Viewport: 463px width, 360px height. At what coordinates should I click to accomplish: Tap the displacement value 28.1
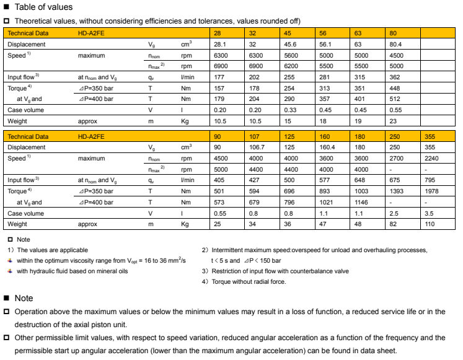(x=221, y=45)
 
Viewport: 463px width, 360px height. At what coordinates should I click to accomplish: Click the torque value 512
(x=396, y=99)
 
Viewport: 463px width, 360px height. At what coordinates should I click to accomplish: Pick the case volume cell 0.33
(x=290, y=110)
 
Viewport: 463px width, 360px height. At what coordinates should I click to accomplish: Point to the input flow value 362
(x=396, y=77)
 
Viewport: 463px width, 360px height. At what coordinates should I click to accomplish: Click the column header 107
(x=255, y=136)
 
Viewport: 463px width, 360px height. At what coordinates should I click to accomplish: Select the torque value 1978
(x=432, y=191)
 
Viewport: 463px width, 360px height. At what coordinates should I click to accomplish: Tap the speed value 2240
(x=432, y=158)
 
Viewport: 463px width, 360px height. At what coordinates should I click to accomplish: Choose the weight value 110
(x=430, y=224)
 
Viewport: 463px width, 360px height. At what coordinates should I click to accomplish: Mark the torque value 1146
(x=361, y=202)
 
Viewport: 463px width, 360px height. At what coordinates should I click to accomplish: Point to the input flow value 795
(x=430, y=180)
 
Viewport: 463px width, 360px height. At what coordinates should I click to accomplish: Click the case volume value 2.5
(x=394, y=213)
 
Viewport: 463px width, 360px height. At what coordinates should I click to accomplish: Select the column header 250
(x=395, y=136)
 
